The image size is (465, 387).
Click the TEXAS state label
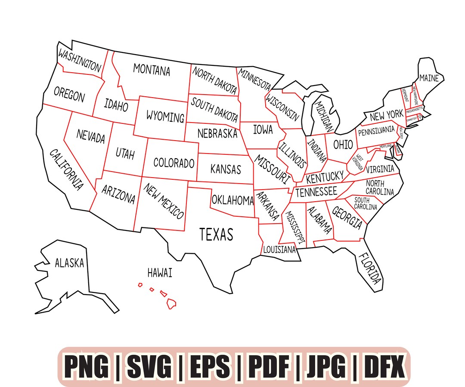pos(216,234)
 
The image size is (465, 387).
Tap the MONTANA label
pos(152,70)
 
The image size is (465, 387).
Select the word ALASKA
pos(69,263)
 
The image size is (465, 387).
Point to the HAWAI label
pos(160,273)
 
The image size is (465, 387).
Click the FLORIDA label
pos(369,268)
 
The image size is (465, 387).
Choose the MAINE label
pos(429,78)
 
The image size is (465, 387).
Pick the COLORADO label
pos(174,163)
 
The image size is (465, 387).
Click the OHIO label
pos(343,144)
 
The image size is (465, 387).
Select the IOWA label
pos(263,129)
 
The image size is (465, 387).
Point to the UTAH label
pos(125,154)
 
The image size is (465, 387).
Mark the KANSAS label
pos(226,169)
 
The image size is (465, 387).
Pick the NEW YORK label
pos(386,115)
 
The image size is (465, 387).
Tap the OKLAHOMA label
pos(232,200)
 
